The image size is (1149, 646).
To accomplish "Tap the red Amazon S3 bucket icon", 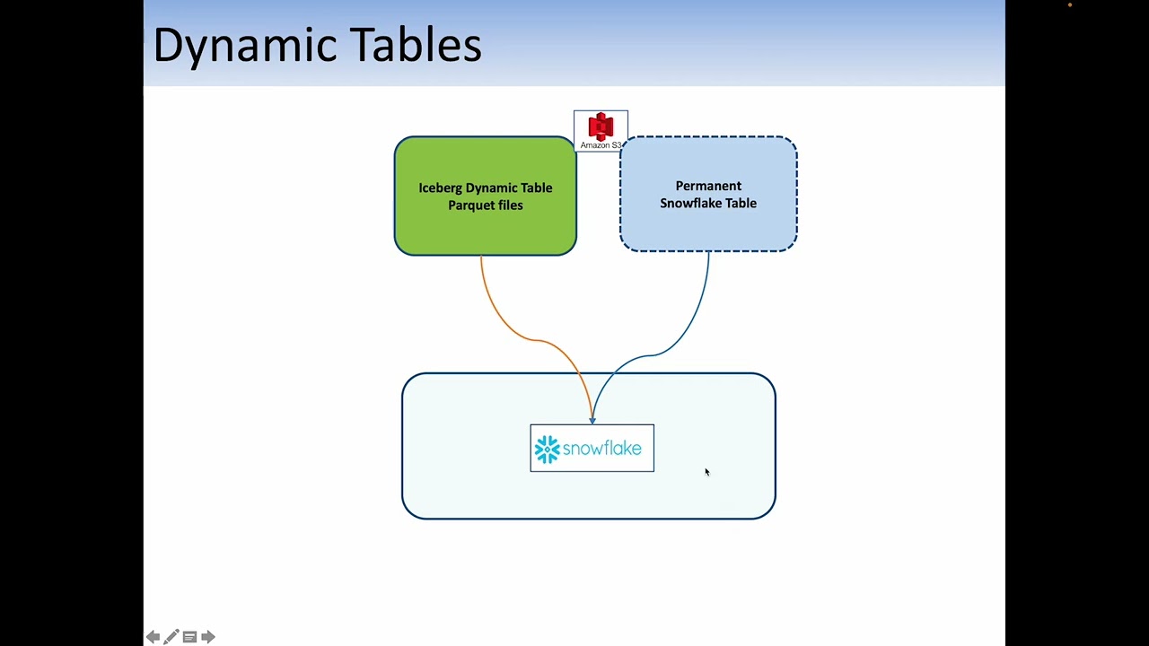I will tap(601, 126).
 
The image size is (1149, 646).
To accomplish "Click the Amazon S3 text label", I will tap(601, 145).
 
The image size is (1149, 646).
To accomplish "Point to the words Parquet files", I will tap(485, 205).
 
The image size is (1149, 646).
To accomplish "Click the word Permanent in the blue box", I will tap(708, 186).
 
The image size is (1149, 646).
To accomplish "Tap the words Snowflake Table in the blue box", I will tap(708, 204).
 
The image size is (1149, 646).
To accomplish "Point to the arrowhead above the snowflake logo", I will tap(592, 419).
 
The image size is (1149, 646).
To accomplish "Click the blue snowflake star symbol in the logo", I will tap(547, 449).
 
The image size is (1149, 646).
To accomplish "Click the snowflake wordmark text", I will tap(602, 449).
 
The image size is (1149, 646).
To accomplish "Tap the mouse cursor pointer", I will tap(706, 472).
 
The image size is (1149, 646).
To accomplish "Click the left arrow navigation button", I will tap(153, 637).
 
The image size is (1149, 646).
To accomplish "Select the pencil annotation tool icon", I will tap(171, 637).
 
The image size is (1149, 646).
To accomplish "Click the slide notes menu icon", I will tap(189, 637).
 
